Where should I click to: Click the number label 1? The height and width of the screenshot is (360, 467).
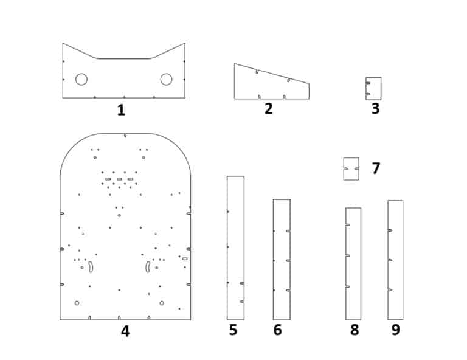coord(121,110)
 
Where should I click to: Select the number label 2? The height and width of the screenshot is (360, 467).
coord(268,109)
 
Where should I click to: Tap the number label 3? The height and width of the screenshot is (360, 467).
coord(375,109)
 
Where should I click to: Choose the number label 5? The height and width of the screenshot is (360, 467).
coord(233,330)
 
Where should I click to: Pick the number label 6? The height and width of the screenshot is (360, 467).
coord(278,330)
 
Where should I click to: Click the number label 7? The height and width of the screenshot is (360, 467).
coord(376,168)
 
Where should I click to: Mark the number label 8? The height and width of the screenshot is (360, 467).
coord(355,330)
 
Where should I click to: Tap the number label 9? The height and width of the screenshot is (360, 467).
coord(396,330)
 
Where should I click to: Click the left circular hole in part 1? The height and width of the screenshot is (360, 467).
coord(81,79)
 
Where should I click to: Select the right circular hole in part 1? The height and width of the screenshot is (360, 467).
coord(166,79)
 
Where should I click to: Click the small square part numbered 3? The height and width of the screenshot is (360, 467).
coord(373,88)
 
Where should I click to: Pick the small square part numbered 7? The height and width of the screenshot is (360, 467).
coord(351,168)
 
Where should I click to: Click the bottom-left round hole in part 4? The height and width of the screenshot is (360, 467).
coord(77,303)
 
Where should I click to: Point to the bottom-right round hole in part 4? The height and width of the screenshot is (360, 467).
coord(162,303)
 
